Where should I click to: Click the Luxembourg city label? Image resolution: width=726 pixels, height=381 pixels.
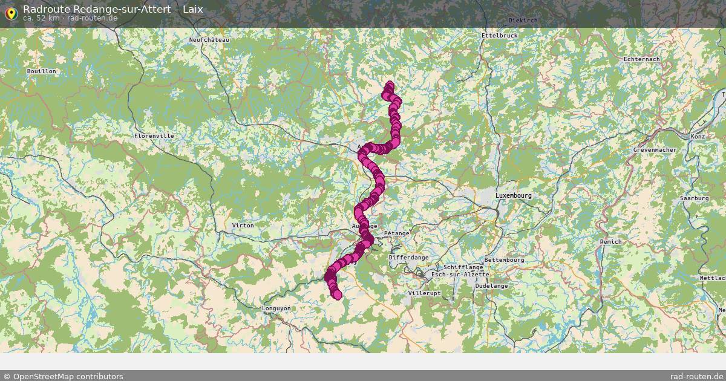tap(513, 196)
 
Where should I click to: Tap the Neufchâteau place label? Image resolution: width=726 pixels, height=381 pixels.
tap(210, 39)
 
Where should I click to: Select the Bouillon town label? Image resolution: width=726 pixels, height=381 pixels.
tap(41, 71)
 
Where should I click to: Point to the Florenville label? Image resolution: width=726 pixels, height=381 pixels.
tap(154, 136)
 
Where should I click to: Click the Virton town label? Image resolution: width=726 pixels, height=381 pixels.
tap(243, 226)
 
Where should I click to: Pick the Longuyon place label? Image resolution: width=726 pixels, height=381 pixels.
tap(276, 308)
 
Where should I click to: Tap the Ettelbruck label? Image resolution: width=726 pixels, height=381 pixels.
tap(499, 36)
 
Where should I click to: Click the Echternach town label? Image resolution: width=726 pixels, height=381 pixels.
tap(641, 59)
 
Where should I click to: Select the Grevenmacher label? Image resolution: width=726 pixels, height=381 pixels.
tap(655, 149)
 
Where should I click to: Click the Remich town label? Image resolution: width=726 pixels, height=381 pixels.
tap(610, 242)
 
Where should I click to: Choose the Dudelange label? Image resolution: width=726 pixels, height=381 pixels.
tap(491, 285)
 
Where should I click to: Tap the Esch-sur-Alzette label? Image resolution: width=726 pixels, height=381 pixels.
tap(459, 275)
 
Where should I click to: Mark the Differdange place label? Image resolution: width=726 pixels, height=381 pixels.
tap(408, 257)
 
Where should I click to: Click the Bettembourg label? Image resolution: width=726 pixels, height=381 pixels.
tap(504, 260)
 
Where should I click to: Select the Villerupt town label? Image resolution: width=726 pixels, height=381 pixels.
tap(425, 293)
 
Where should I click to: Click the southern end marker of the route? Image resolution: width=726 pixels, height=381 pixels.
tap(337, 295)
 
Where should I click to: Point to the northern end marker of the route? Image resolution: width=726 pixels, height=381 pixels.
tap(390, 86)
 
